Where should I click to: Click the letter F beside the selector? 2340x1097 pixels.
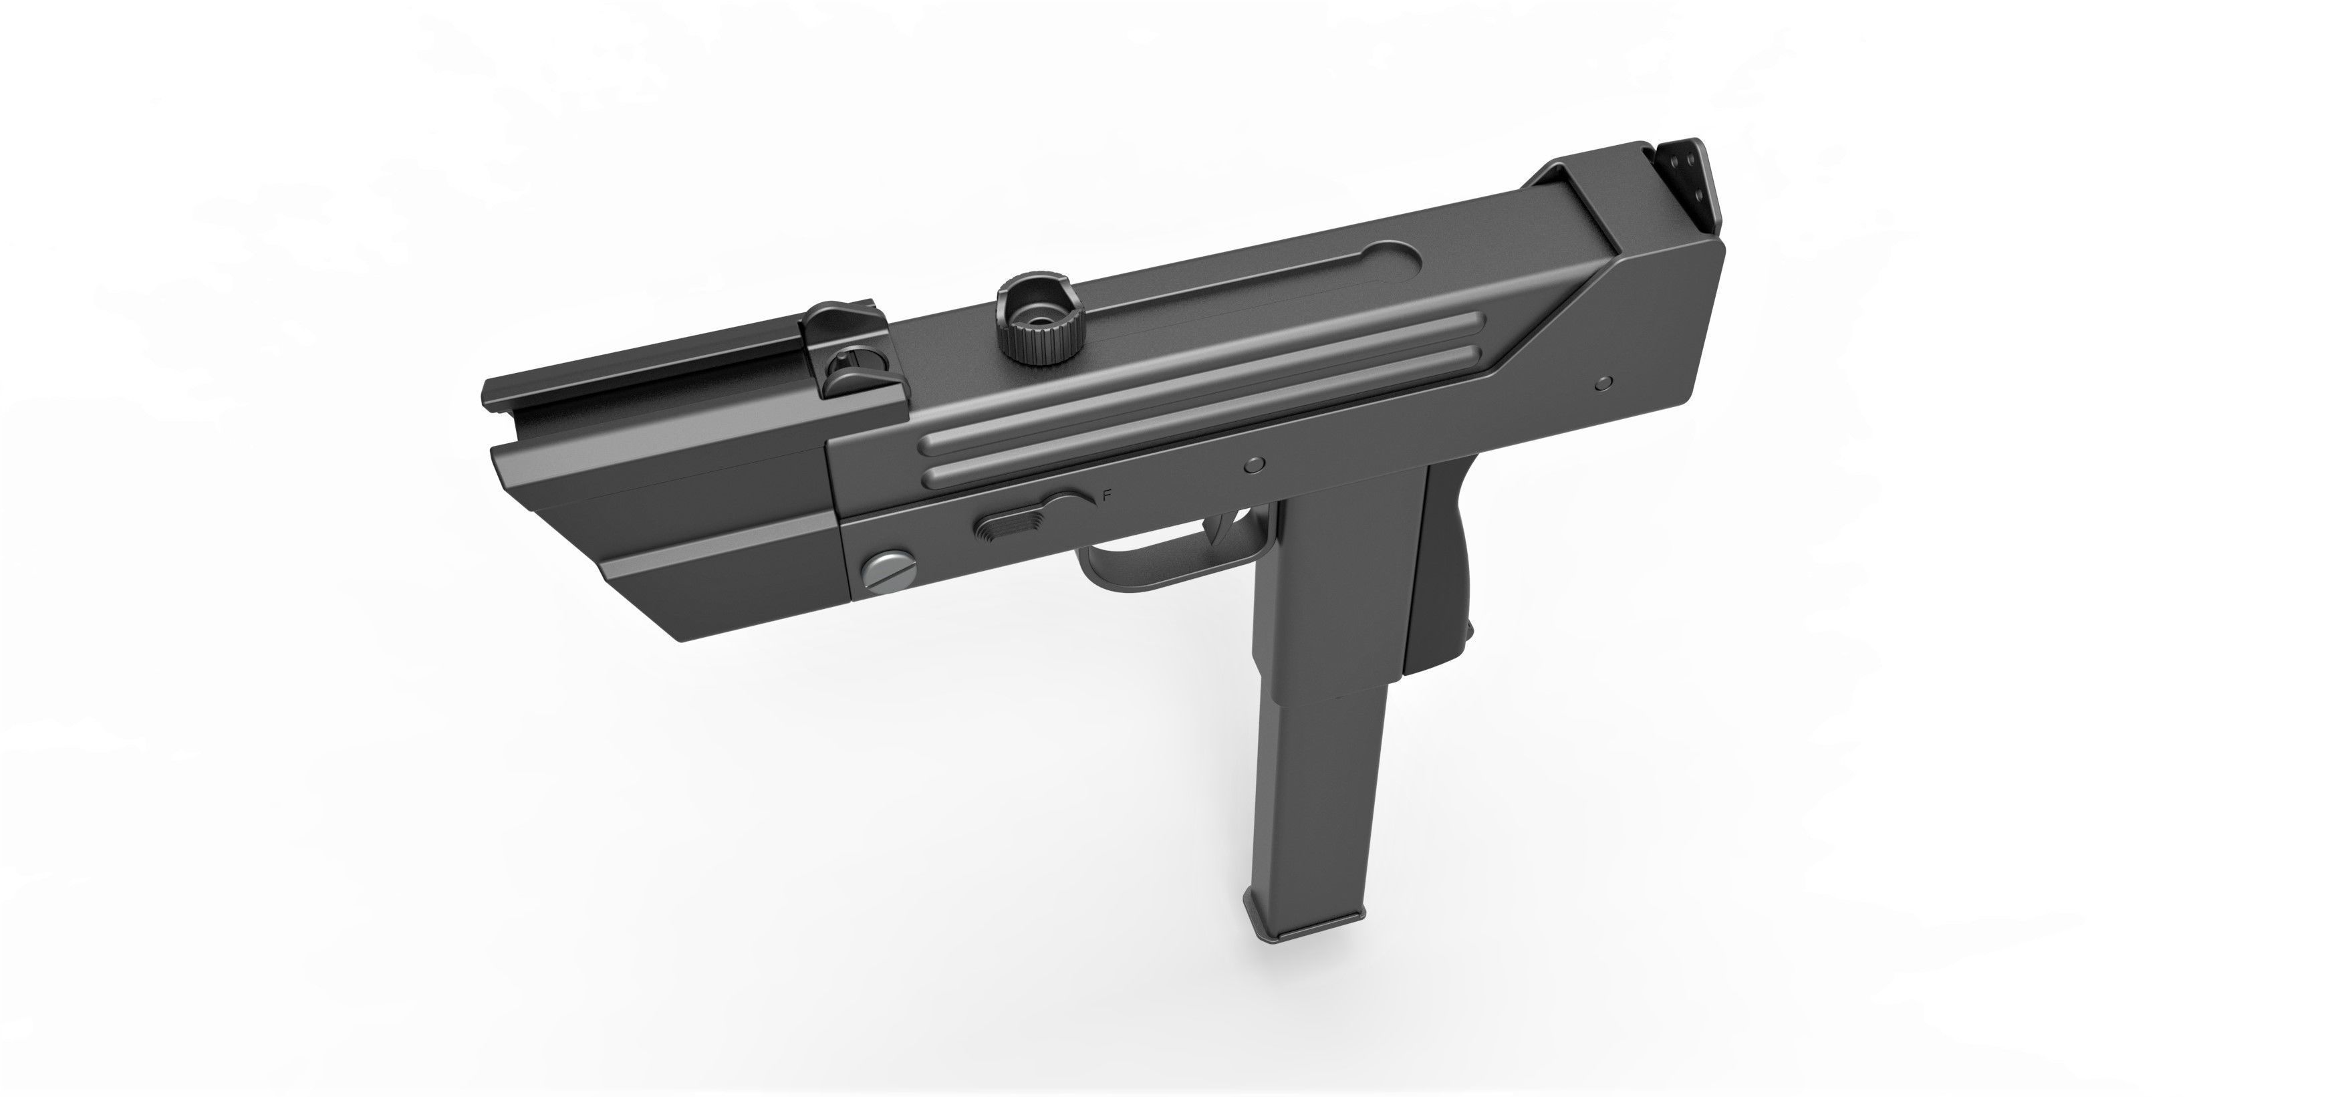click(x=1106, y=495)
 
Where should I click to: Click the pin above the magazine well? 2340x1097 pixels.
click(x=1254, y=465)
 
